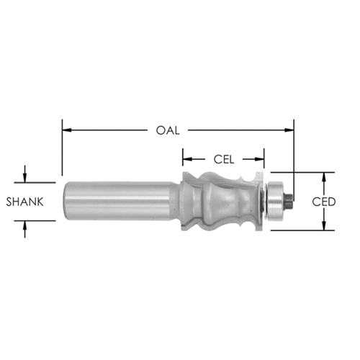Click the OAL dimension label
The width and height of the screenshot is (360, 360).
[x=168, y=130]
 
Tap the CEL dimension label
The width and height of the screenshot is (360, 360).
[x=224, y=159]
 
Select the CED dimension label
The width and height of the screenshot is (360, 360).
[x=324, y=202]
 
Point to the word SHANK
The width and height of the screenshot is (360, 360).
[x=24, y=202]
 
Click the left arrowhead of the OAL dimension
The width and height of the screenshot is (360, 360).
[x=67, y=130]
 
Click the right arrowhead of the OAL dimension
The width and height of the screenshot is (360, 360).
[x=289, y=130]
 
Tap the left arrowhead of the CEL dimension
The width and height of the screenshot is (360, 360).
[x=187, y=159]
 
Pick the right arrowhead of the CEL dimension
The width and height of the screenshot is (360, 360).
[x=259, y=159]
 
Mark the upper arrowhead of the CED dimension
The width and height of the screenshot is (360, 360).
[x=324, y=177]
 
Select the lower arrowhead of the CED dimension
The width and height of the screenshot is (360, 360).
[x=324, y=225]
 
